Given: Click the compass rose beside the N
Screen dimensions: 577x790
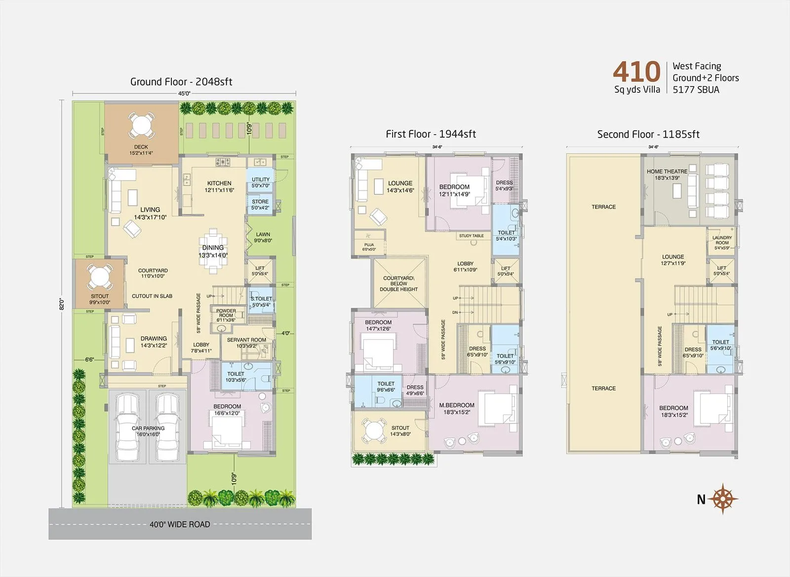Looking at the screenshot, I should click(x=724, y=499).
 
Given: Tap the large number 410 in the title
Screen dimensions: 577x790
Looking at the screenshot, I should click(x=636, y=72).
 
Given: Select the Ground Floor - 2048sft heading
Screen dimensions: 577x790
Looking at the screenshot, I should click(x=181, y=82).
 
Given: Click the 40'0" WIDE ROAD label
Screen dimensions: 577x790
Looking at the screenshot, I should click(x=180, y=524).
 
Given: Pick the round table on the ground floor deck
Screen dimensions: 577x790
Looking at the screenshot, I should click(x=141, y=125).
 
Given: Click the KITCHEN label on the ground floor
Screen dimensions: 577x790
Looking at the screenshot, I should click(x=219, y=183).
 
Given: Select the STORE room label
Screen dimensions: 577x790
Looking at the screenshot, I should click(x=260, y=202).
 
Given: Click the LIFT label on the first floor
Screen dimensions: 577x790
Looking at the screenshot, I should click(x=506, y=269).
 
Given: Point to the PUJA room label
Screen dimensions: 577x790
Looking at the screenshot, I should click(x=369, y=245).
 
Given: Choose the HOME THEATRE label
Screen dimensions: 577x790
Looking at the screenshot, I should click(x=667, y=172).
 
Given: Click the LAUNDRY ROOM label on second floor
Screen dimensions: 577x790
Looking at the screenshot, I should click(x=722, y=240).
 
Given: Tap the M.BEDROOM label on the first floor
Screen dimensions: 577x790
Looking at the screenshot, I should click(x=457, y=405).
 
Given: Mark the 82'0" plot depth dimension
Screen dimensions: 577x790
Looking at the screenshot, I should click(x=62, y=303).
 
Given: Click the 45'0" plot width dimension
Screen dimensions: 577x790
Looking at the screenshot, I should click(x=184, y=93).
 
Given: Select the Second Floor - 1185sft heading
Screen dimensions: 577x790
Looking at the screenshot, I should click(x=648, y=134).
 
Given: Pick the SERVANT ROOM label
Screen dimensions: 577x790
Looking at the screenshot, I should click(x=246, y=340).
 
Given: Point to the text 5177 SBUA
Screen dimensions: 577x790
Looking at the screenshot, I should click(x=696, y=90).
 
